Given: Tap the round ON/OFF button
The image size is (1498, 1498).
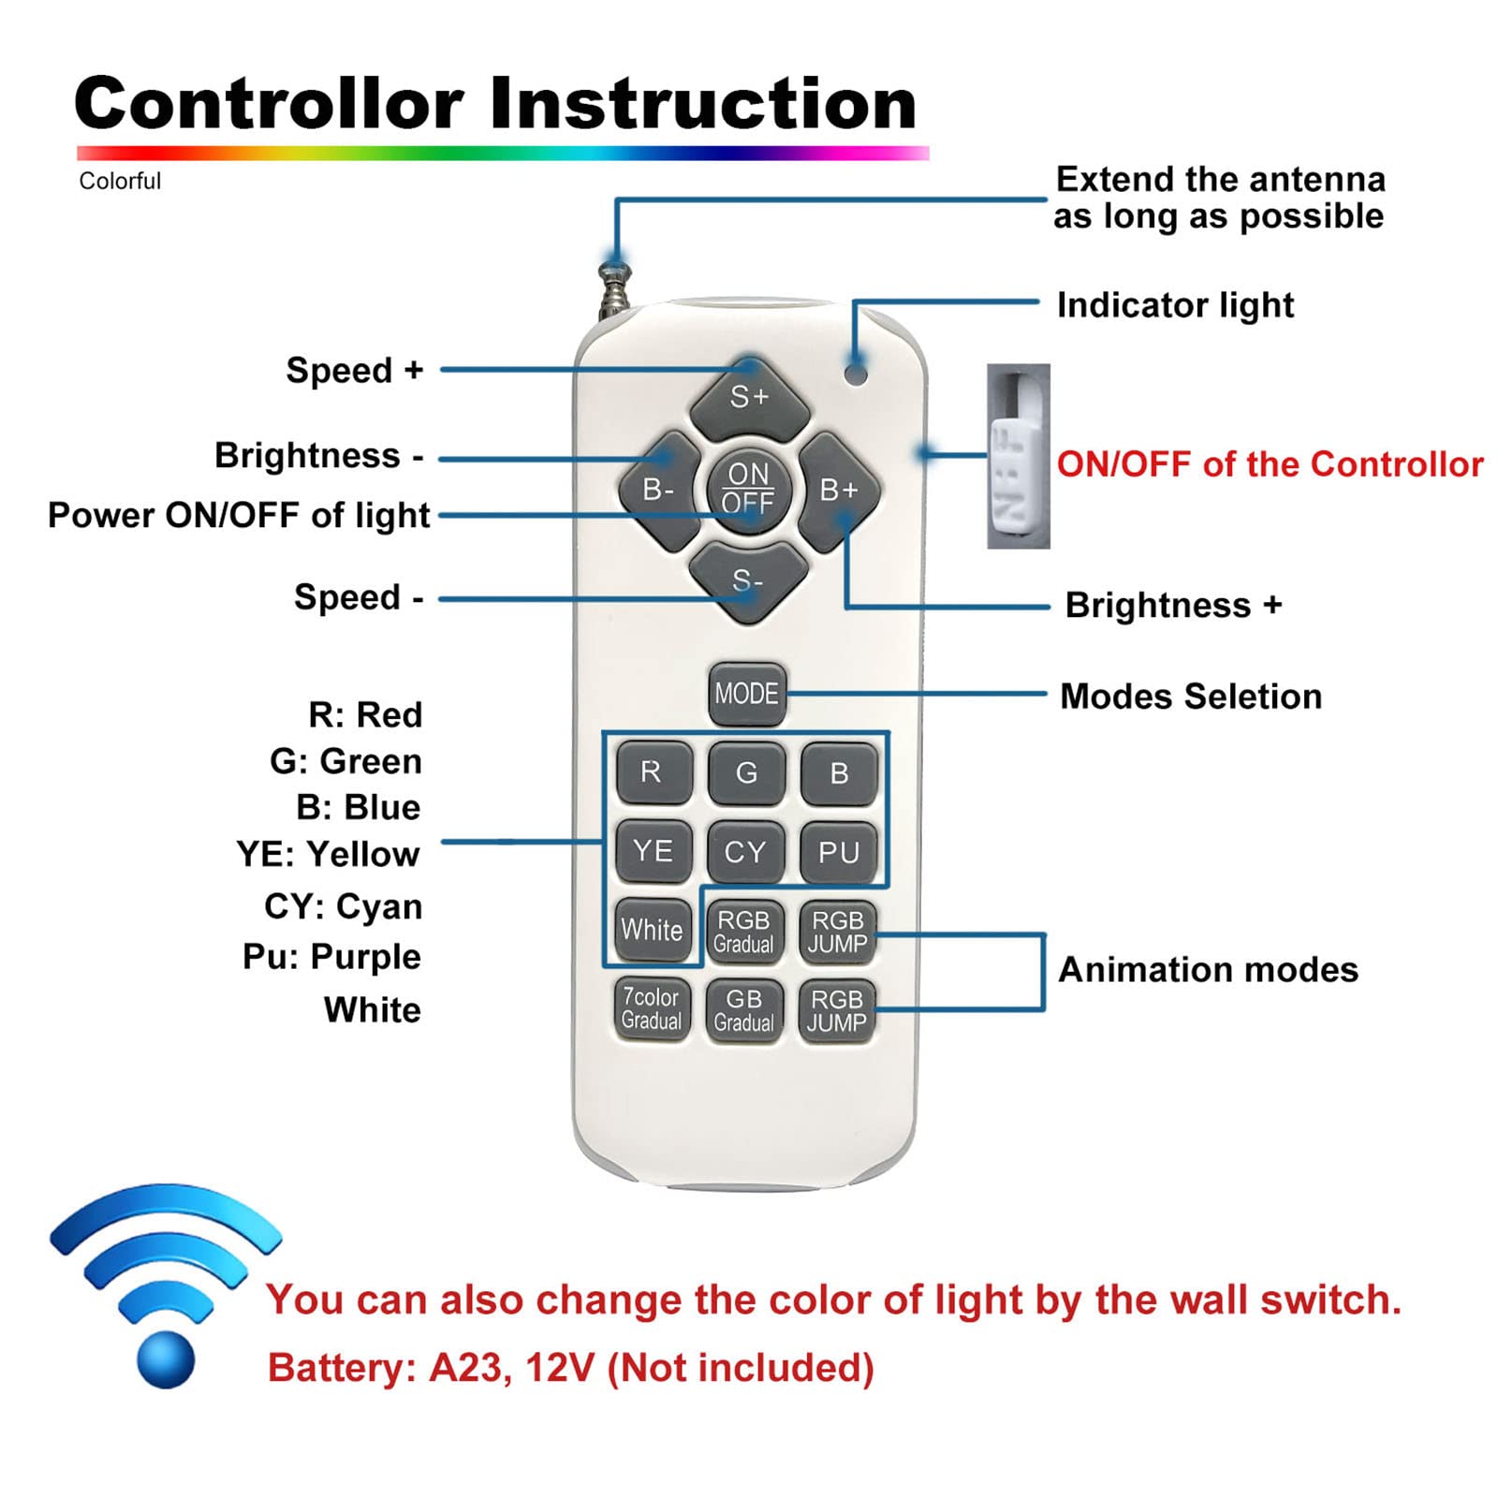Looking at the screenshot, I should [x=748, y=489].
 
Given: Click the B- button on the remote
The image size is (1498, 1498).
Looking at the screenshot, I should [x=659, y=490].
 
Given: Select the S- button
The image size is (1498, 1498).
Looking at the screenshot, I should [x=747, y=581].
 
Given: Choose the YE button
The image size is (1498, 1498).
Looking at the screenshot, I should [x=653, y=851].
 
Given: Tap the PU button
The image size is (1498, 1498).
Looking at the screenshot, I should [x=839, y=852].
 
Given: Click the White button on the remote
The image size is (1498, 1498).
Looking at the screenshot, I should [x=652, y=930].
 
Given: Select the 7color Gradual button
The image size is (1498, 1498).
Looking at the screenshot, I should [x=652, y=1008].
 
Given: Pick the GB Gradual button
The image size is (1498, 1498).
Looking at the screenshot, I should [x=744, y=1010].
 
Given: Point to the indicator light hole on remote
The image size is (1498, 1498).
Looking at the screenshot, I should [x=855, y=374].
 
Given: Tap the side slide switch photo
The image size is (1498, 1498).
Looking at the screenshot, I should [x=1018, y=456].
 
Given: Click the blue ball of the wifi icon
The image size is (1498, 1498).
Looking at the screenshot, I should [x=166, y=1358].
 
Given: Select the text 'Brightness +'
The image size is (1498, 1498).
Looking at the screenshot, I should [x=1172, y=605].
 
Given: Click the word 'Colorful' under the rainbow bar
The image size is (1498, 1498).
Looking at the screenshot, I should [x=120, y=181].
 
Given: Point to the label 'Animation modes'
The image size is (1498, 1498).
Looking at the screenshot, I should [x=1208, y=969].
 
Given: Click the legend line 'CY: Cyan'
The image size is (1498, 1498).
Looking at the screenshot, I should [x=343, y=906].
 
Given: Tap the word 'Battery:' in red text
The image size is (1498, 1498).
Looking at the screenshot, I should [x=342, y=1368].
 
